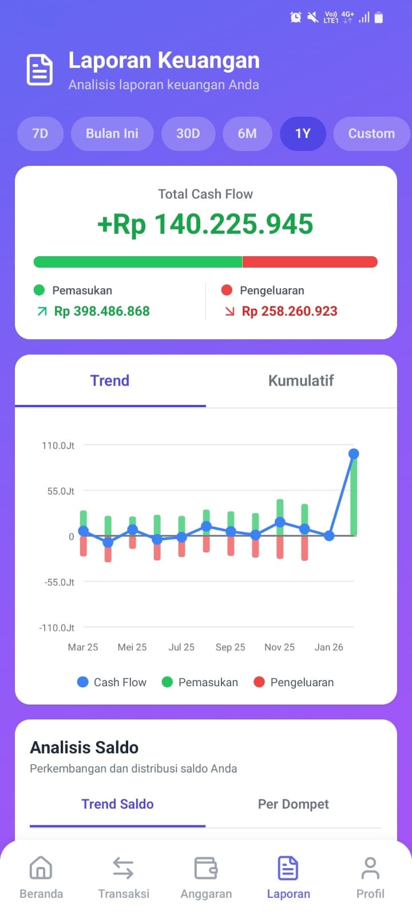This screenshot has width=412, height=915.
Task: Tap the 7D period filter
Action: [x=40, y=134]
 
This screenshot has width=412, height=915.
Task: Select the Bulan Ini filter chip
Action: [x=112, y=134]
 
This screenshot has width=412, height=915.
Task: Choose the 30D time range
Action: [x=188, y=134]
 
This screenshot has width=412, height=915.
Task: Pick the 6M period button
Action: [x=247, y=134]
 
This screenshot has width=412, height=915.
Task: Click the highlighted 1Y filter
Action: [x=303, y=134]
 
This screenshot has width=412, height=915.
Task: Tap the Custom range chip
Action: [x=371, y=134]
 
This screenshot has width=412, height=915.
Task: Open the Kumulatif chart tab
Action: [x=301, y=381]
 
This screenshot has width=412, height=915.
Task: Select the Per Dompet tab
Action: [x=293, y=804]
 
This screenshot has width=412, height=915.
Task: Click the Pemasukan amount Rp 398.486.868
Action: [x=102, y=311]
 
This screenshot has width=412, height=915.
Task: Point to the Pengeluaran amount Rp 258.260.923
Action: [x=290, y=311]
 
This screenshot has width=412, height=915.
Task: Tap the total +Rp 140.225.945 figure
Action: [x=205, y=224]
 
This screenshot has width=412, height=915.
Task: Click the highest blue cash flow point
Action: [x=354, y=453]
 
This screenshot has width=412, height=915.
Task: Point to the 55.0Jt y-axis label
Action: [x=61, y=491]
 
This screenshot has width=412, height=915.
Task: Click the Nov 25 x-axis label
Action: [x=279, y=647]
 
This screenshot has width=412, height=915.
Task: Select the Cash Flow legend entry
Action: [x=112, y=682]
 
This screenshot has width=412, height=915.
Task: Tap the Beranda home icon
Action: [x=41, y=868]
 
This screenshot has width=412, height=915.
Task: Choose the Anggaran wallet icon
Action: [x=206, y=868]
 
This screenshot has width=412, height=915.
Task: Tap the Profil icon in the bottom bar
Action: [x=370, y=868]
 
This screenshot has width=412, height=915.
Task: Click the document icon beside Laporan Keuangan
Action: [x=40, y=70]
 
